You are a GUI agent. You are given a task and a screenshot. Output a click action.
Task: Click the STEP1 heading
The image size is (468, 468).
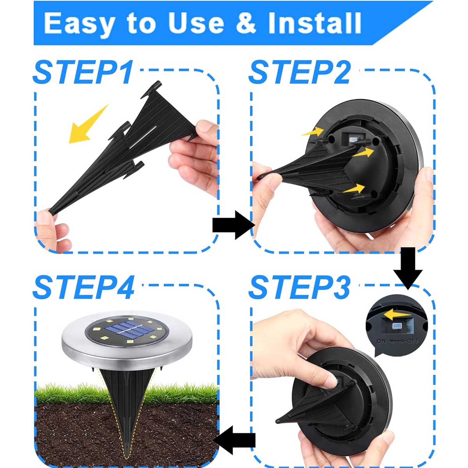coord(83,73)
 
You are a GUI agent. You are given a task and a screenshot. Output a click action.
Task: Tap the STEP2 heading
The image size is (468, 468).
coord(300,73)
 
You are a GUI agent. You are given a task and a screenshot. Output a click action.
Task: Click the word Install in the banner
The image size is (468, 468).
coord(314,23)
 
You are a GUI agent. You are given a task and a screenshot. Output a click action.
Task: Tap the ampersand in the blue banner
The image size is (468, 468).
coord(246,23)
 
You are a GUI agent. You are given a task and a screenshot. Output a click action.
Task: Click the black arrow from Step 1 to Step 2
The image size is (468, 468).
coord(234,225)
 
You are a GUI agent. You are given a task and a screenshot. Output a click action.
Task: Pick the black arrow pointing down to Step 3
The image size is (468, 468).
coord(408,268)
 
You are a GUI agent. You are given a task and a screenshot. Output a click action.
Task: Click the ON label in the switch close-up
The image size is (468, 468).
coord(381,341)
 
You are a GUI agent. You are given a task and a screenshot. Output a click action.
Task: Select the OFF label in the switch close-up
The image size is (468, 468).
coord(413,341)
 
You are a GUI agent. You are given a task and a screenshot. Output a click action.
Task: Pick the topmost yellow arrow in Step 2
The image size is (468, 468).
coord(313,132)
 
